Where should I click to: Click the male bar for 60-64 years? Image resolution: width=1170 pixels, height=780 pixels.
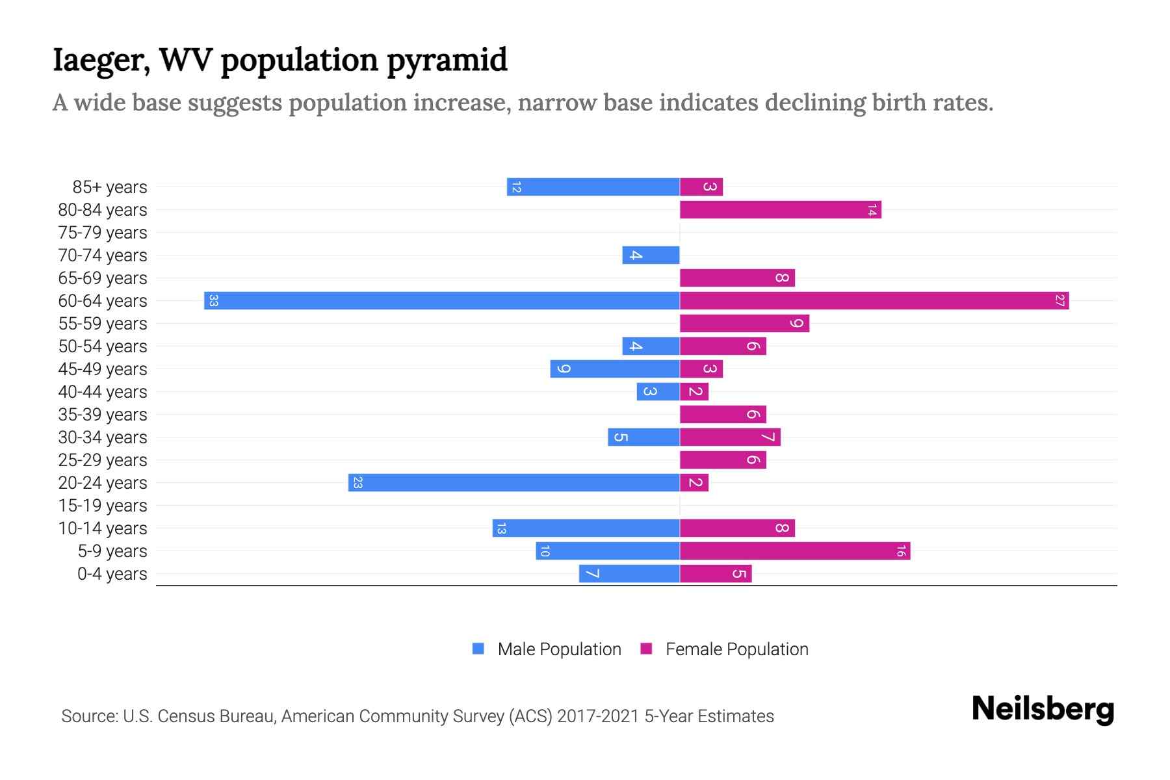[x=442, y=301]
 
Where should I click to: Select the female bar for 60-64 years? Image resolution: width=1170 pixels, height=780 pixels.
[x=874, y=301]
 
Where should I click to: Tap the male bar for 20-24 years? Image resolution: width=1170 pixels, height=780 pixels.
[x=513, y=483]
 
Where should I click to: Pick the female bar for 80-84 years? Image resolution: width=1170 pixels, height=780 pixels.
[x=780, y=210]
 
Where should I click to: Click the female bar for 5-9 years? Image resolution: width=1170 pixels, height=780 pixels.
[x=794, y=551]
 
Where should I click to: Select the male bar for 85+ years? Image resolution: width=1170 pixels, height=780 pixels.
[x=593, y=187]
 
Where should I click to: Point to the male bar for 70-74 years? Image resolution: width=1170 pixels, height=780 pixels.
[x=651, y=255]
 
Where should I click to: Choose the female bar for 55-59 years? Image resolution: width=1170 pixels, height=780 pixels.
[x=744, y=324]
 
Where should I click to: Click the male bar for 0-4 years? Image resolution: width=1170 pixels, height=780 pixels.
[x=629, y=574]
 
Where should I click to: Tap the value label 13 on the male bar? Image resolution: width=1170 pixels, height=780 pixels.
[x=500, y=528]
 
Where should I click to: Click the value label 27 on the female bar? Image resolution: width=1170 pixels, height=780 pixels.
[x=1059, y=301]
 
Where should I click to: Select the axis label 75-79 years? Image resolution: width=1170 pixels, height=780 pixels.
[x=103, y=233]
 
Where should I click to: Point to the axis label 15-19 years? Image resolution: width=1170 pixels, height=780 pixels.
[x=103, y=506]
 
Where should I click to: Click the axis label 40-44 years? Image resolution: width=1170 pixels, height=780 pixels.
[x=103, y=392]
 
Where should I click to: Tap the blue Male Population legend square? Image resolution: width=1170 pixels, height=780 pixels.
[x=478, y=649]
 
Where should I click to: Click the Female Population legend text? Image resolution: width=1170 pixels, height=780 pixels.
[x=736, y=649]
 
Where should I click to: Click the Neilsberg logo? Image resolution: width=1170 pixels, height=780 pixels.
[x=1043, y=709]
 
